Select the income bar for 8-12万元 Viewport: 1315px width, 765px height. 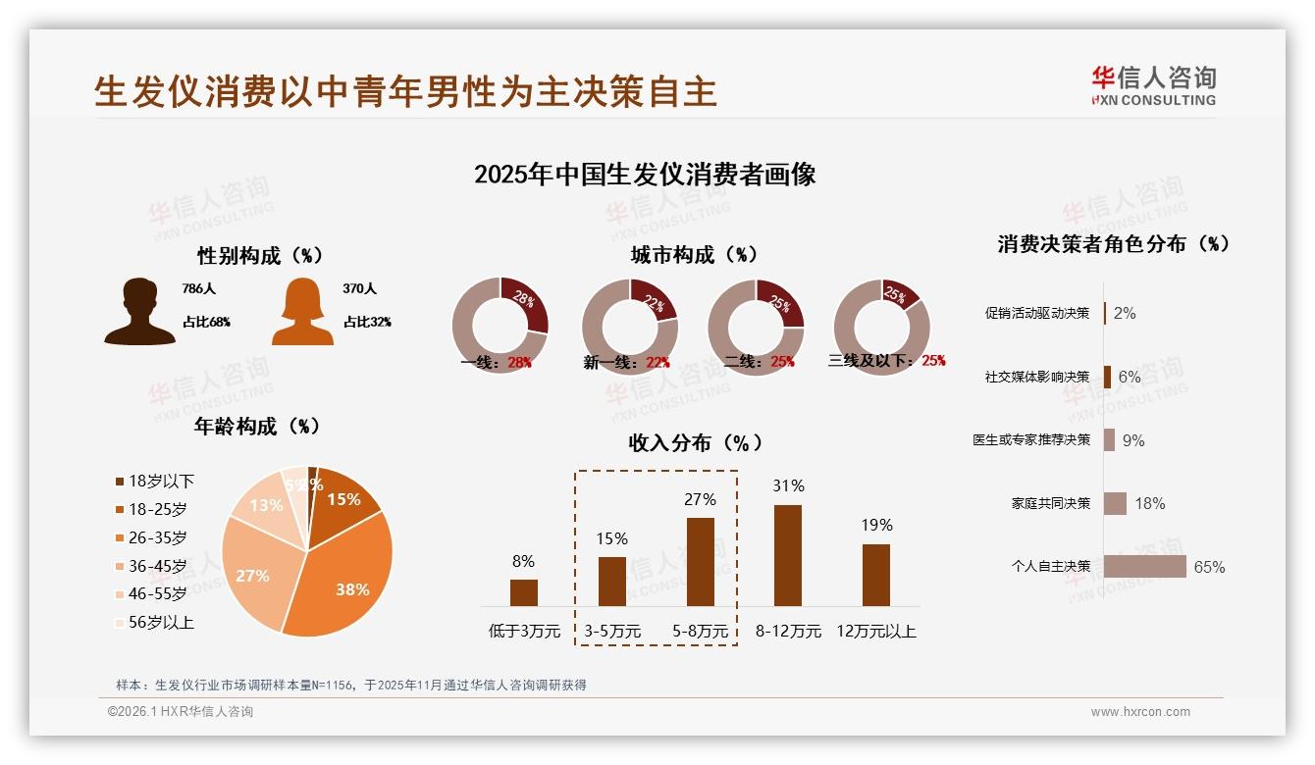pyautogui.click(x=788, y=555)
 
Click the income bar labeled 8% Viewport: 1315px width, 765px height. pyautogui.click(x=524, y=592)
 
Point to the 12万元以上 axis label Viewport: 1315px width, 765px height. pyautogui.click(x=875, y=632)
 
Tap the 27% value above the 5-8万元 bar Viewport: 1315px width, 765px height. pyautogui.click(x=700, y=499)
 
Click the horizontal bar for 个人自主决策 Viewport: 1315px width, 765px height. pyautogui.click(x=1144, y=567)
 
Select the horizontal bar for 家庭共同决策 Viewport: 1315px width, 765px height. pyautogui.click(x=1115, y=503)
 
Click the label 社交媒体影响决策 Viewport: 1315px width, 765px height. pyautogui.click(x=1037, y=377)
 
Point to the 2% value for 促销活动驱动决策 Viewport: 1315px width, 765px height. pyautogui.click(x=1125, y=313)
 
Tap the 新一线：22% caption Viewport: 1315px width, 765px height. pyautogui.click(x=626, y=363)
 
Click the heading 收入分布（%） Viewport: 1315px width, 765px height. pyautogui.click(x=695, y=442)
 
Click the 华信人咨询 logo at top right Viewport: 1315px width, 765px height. pyautogui.click(x=1153, y=85)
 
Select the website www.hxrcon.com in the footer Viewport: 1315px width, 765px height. pyautogui.click(x=1139, y=712)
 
